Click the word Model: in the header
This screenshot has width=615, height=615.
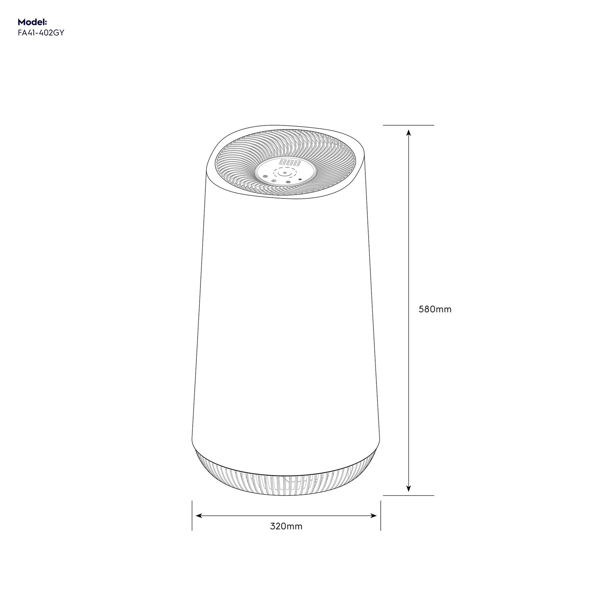click(32, 22)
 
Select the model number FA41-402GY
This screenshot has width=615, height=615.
click(41, 33)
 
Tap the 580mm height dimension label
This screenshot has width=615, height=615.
click(435, 310)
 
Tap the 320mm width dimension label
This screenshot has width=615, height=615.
click(286, 526)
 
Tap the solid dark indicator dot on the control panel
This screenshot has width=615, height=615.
click(300, 179)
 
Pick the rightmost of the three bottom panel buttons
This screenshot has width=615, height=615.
click(288, 182)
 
